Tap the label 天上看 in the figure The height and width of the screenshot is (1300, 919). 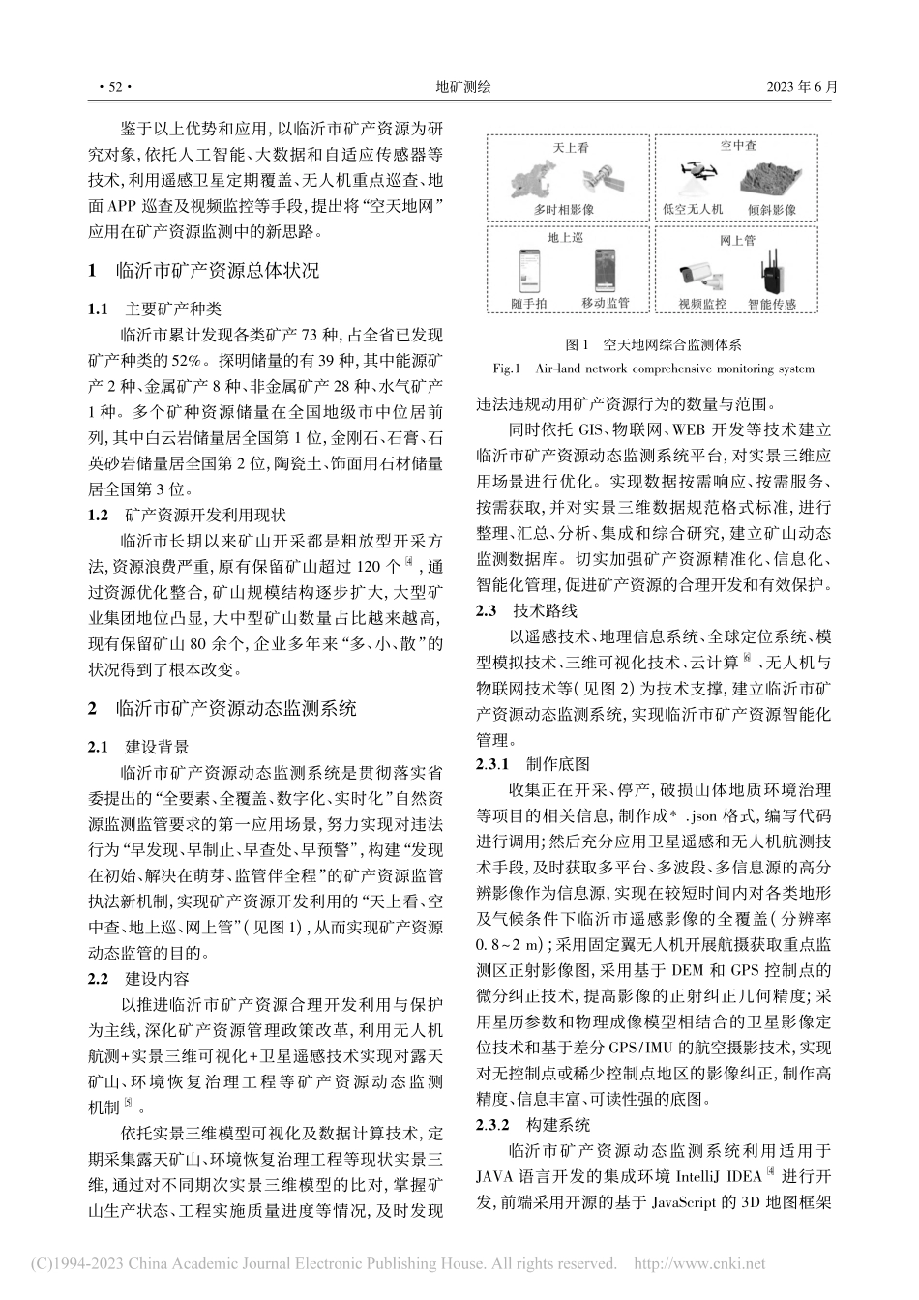click(570, 148)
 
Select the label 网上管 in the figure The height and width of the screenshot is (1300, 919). click(737, 238)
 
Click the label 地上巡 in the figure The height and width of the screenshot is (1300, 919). click(568, 238)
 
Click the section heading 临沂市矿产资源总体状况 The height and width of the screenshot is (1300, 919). click(216, 270)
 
